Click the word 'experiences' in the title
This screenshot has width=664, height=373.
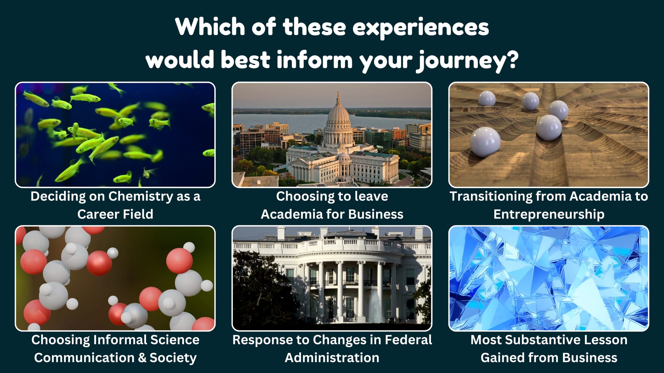coord(420,28)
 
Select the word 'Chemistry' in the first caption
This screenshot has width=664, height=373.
coord(141,197)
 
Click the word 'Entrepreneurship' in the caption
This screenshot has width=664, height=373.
coord(549,215)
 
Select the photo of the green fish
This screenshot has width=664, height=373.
coord(115,135)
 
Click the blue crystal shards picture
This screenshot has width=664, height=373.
coord(549,278)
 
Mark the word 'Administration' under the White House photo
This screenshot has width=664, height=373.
coord(332,358)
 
